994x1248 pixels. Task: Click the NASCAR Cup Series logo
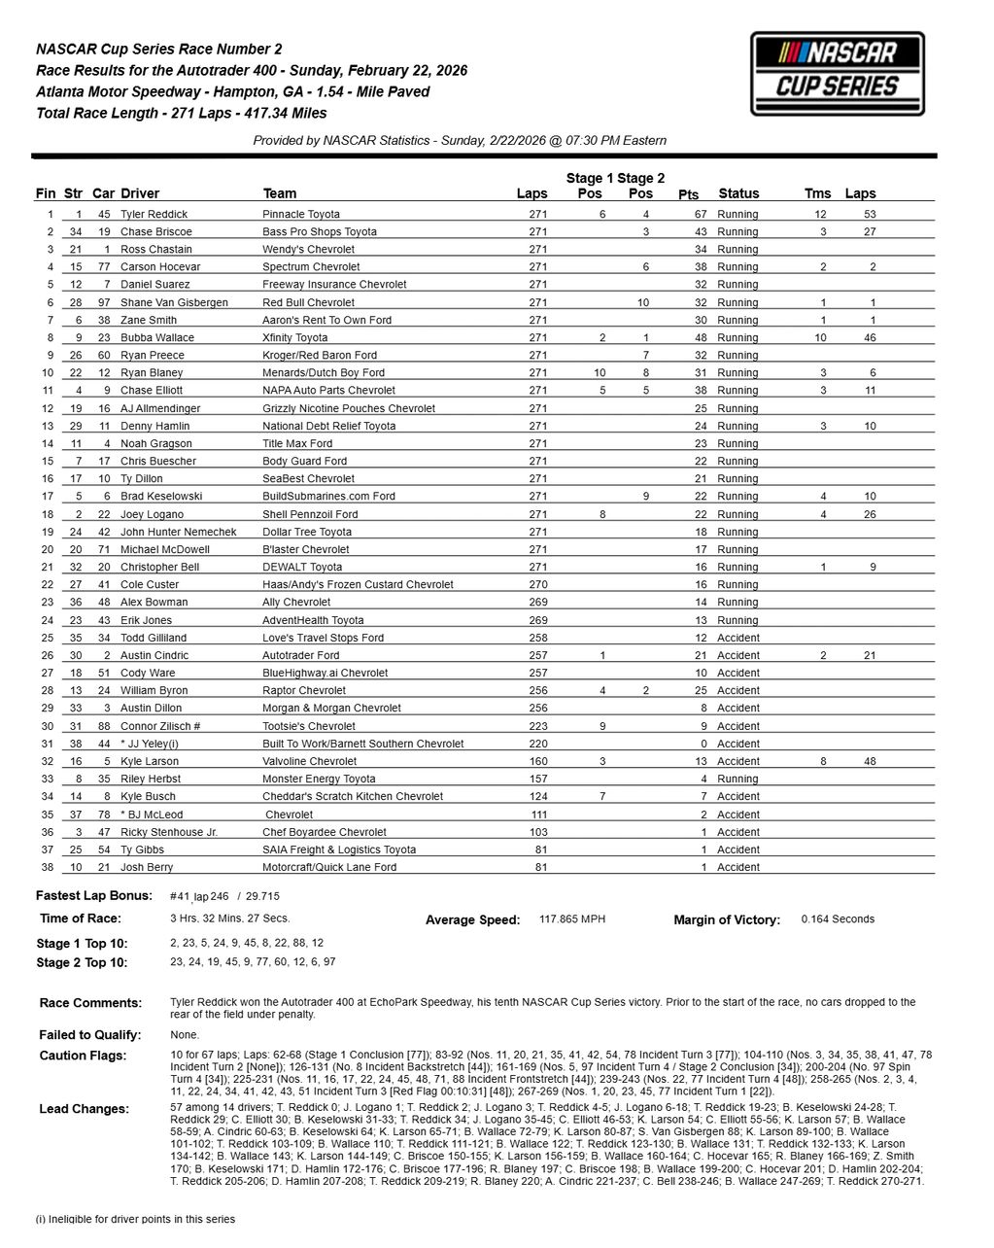click(x=837, y=74)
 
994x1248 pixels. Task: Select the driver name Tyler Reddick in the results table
click(x=154, y=214)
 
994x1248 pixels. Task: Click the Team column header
click(x=280, y=193)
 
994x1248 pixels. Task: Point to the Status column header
click(x=738, y=193)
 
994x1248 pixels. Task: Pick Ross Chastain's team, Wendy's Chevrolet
click(x=308, y=249)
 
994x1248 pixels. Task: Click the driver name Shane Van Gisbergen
click(x=174, y=302)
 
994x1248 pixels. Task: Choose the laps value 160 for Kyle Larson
click(x=538, y=761)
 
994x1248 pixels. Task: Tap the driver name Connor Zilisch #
click(x=160, y=726)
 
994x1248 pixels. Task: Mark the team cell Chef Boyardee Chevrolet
click(x=324, y=832)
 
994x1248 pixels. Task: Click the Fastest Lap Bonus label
click(x=94, y=895)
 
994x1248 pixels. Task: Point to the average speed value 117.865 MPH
click(x=571, y=919)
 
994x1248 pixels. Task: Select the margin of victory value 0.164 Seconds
click(x=838, y=919)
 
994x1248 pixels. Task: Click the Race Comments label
click(x=90, y=1002)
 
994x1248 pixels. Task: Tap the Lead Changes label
click(x=84, y=1109)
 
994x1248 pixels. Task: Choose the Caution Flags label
click(x=83, y=1056)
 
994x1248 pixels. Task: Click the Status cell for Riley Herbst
click(x=737, y=779)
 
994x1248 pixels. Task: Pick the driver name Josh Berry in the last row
click(x=147, y=867)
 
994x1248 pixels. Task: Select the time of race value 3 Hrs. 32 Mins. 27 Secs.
click(x=229, y=918)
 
